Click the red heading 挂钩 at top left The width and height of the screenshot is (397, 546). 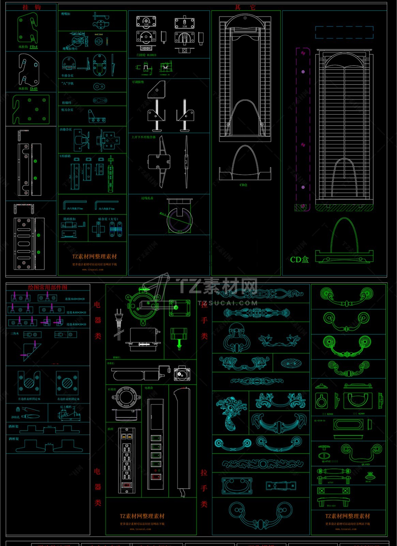coord(31,7)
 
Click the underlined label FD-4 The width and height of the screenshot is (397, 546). coord(33,47)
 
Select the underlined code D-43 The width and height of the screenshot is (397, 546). coord(34,88)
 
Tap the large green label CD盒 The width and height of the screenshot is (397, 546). coord(300,260)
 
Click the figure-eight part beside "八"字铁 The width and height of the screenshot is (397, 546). coord(99,87)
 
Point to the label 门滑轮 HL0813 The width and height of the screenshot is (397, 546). coord(146,55)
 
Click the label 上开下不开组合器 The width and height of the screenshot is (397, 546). coord(143,137)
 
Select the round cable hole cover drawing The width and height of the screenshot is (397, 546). coord(179,218)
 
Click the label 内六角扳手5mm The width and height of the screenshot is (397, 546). coord(75,209)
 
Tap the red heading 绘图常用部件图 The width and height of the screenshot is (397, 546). coord(48,287)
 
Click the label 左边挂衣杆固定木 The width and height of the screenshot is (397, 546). coord(29,399)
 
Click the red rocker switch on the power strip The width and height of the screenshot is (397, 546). coord(126,484)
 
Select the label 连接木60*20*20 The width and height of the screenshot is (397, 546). coord(75,299)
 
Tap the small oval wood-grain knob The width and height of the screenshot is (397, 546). coord(291,364)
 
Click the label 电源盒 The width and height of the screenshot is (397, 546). coord(149,388)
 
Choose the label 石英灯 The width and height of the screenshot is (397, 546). coord(112,389)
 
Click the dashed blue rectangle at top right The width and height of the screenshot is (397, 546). coord(344,32)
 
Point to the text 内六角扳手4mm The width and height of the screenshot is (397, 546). coord(106,209)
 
